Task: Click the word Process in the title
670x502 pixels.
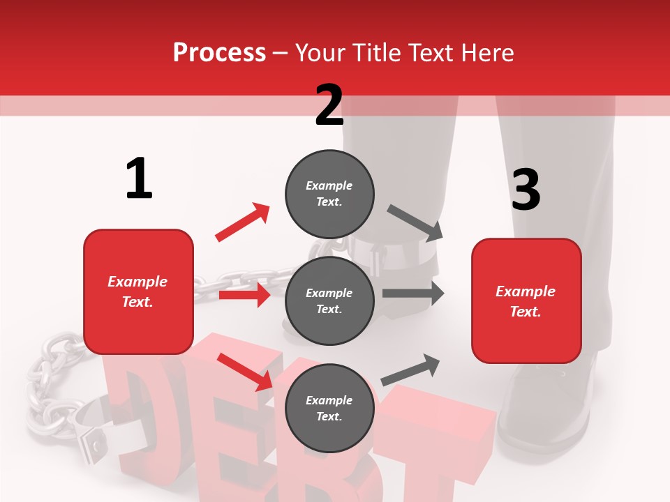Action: [x=219, y=52]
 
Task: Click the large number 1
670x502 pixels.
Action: [x=139, y=179]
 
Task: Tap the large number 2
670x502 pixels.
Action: [x=329, y=105]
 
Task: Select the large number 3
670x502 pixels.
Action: [x=526, y=190]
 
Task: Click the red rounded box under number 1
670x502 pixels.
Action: [x=138, y=291]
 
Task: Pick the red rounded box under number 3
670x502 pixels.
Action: [x=526, y=301]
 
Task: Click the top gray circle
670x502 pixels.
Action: [x=329, y=194]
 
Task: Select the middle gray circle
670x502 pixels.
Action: [x=329, y=301]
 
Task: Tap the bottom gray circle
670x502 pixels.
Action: [x=329, y=408]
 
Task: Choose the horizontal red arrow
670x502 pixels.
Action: [x=244, y=295]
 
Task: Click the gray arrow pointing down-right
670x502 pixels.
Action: [x=415, y=222]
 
